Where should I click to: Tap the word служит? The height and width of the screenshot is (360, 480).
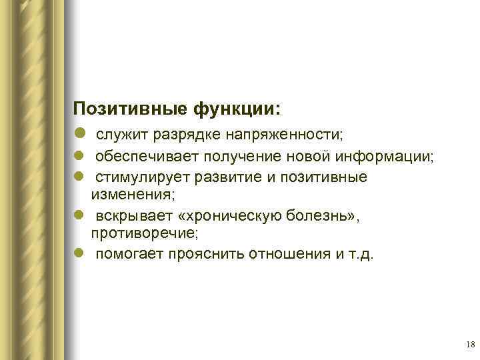point(122,135)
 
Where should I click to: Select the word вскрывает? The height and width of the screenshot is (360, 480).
point(131,217)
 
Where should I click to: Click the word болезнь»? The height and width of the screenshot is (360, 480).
point(325,217)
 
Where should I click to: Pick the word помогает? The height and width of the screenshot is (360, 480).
point(127,254)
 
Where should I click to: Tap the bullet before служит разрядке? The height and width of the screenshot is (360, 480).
point(80,135)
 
